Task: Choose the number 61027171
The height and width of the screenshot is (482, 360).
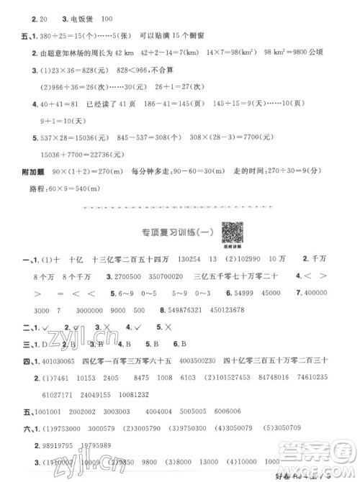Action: (60, 373)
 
